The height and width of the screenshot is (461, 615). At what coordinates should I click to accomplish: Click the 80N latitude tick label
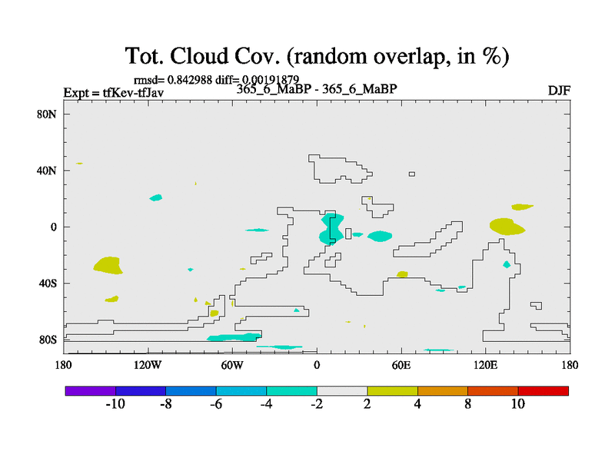point(47,114)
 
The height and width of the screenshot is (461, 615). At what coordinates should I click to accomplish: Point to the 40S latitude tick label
point(48,283)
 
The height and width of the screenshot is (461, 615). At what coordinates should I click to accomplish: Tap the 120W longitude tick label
point(148,366)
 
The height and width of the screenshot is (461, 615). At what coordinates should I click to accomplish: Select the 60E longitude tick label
point(401,366)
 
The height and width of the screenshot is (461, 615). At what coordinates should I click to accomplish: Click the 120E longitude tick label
point(486,366)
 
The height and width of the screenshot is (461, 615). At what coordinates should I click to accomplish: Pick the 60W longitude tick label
point(232,366)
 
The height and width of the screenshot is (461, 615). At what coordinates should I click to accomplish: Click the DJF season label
point(559,91)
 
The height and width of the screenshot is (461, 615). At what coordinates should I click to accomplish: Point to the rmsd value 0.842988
point(190,80)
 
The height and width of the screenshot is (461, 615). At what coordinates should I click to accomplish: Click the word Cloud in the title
point(199,55)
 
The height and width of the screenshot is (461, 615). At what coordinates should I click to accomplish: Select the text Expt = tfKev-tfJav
point(114,92)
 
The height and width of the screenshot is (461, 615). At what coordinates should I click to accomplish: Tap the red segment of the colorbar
point(544,391)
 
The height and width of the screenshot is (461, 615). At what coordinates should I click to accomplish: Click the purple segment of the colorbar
point(91,391)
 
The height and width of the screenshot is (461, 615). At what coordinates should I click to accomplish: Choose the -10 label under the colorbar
point(115,404)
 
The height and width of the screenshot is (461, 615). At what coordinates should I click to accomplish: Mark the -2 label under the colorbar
point(317,404)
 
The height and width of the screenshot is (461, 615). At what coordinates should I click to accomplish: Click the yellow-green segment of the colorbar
point(392,391)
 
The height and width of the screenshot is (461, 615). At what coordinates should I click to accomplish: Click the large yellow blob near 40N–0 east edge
point(507,227)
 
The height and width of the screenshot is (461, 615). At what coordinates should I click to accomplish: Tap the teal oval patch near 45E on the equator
point(380,236)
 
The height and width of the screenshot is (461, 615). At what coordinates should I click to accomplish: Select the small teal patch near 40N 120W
point(156,197)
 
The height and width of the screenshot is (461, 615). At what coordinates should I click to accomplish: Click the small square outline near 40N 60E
point(412,174)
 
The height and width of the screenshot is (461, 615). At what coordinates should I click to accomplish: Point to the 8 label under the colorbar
point(467,404)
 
